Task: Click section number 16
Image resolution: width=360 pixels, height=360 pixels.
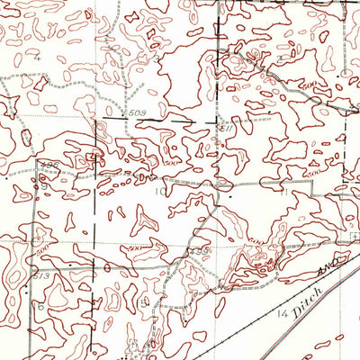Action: pos(41,306)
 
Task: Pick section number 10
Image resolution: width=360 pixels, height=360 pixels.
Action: pos(158,192)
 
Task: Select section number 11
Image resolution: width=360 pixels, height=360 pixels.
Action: pos(285,192)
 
